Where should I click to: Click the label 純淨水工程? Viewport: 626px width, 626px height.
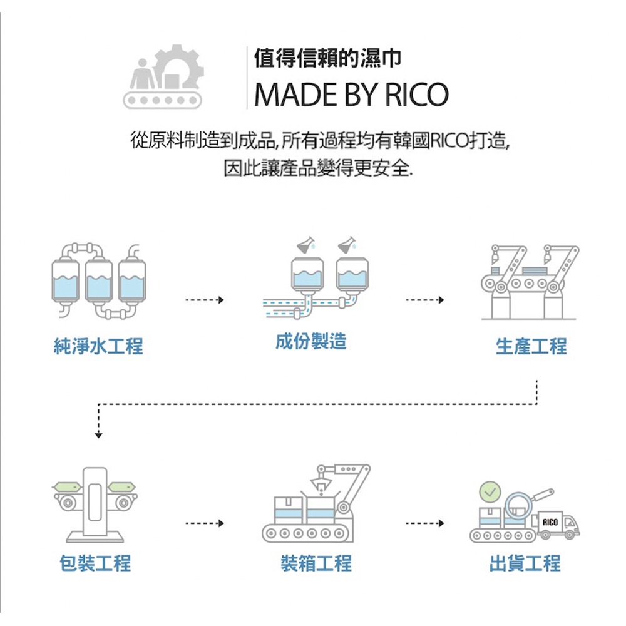click(98, 346)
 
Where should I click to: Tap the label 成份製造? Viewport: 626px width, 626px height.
click(311, 341)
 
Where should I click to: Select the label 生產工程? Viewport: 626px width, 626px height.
click(531, 346)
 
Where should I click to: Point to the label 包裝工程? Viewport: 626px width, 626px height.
click(95, 563)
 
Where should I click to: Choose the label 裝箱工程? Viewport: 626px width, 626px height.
click(316, 563)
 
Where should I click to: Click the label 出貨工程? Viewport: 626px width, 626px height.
click(525, 563)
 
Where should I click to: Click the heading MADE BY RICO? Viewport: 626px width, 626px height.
click(352, 94)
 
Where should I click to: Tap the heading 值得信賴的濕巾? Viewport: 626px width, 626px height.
click(327, 59)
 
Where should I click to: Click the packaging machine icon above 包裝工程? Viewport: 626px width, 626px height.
click(95, 504)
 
